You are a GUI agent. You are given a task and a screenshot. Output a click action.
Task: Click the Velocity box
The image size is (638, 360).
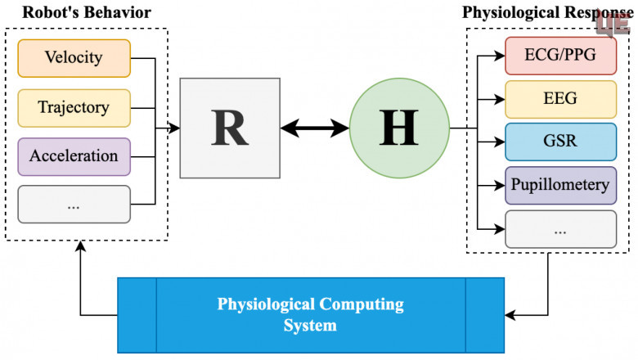click(74, 58)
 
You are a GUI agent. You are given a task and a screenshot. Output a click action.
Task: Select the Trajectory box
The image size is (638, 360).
click(74, 108)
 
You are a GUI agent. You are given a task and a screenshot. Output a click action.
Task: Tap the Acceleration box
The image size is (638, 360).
click(74, 156)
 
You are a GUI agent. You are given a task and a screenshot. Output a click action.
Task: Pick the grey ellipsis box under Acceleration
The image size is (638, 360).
click(74, 205)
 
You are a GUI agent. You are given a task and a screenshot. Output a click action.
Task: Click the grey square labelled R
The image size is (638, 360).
click(230, 128)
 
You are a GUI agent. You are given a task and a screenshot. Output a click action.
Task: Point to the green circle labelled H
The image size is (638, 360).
click(399, 128)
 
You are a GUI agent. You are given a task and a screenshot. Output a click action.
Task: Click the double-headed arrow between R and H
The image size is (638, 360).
click(315, 128)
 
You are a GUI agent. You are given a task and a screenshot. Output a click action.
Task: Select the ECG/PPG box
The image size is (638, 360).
click(560, 56)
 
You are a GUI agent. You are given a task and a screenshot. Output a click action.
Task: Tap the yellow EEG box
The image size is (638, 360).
click(560, 99)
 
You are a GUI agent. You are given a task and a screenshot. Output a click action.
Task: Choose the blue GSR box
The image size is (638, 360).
click(560, 142)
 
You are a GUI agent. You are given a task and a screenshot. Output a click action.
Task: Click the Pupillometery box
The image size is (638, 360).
click(560, 186)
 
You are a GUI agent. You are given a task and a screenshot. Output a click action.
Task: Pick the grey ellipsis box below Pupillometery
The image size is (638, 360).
click(560, 229)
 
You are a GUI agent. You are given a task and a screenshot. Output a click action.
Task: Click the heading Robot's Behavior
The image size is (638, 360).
click(87, 12)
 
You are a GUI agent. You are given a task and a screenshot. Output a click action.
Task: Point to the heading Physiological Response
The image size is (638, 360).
click(548, 12)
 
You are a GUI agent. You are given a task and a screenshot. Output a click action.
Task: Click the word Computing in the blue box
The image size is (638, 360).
click(362, 304)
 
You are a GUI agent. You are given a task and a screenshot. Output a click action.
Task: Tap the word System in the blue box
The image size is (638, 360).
click(311, 326)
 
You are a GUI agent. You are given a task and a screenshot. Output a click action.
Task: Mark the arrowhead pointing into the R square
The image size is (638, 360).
click(174, 128)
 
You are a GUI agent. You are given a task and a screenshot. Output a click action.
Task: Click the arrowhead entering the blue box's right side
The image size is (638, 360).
click(510, 315)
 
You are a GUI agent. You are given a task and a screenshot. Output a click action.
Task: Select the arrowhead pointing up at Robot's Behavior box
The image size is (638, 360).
click(80, 245)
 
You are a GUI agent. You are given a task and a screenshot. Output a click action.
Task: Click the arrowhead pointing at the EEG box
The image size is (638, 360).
click(499, 99)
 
